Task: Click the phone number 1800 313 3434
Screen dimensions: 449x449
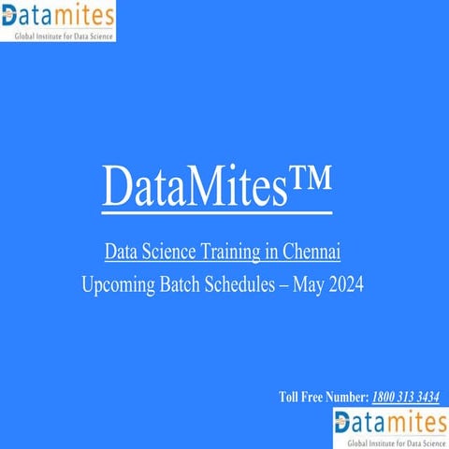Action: pos(406,397)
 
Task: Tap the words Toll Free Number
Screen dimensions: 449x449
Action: pos(324,397)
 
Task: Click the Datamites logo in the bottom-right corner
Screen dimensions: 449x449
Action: pos(390,427)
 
